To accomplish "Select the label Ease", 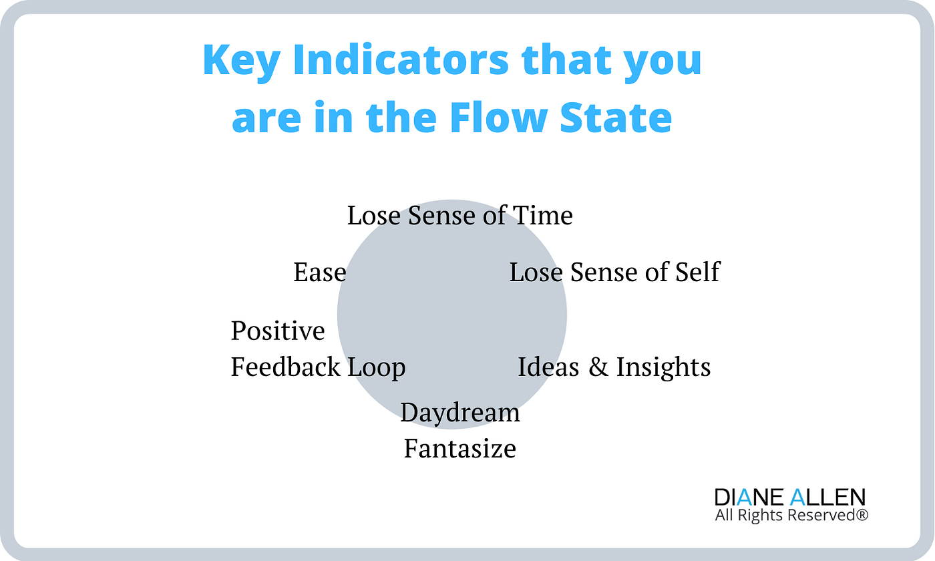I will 319,272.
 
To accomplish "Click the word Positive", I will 278,331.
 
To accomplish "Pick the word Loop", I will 376,367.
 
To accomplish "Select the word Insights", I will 663,367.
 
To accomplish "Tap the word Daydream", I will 460,413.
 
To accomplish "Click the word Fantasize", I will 460,448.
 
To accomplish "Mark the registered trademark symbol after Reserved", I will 864,514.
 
